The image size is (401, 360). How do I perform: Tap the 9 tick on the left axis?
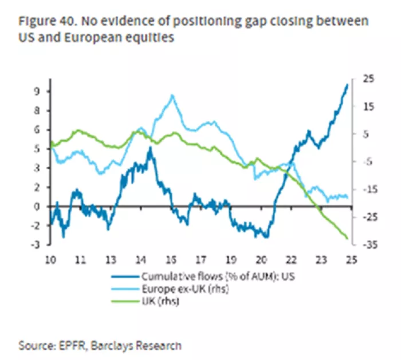pyautogui.click(x=36, y=92)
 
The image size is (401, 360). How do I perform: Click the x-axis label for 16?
pyautogui.click(x=171, y=259)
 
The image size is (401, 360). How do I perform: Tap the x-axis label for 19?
pyautogui.click(x=231, y=259)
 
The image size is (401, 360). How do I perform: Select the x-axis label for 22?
pyautogui.click(x=291, y=259)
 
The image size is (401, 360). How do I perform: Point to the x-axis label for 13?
pyautogui.click(x=111, y=259)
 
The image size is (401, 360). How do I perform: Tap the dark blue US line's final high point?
pyautogui.click(x=347, y=85)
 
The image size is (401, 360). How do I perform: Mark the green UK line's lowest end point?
pyautogui.click(x=348, y=238)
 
